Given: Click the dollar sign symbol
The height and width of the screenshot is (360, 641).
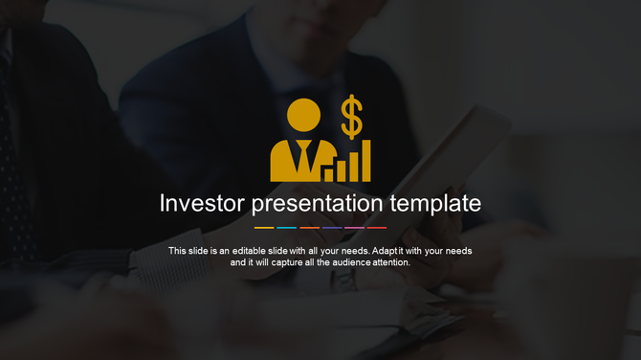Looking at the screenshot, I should click(x=352, y=117).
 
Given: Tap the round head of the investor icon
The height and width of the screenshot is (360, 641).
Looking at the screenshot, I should click(x=303, y=115).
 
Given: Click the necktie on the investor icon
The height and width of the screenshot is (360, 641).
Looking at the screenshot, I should click(x=303, y=157).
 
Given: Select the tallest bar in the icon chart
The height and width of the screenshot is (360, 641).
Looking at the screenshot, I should click(x=365, y=161).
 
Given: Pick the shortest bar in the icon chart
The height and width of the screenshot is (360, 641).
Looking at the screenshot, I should click(x=328, y=174).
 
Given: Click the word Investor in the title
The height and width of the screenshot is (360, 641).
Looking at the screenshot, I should click(x=201, y=204).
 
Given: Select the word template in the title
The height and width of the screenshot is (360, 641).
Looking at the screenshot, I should click(x=436, y=204).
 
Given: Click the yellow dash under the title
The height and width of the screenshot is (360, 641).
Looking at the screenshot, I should click(x=264, y=228).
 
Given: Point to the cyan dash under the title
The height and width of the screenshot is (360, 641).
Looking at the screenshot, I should click(x=286, y=228).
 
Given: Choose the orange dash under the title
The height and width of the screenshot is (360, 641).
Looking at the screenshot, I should click(x=309, y=228).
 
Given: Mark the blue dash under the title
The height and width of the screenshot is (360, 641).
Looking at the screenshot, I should click(x=332, y=228).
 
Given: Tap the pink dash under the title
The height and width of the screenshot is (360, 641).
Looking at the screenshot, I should click(x=354, y=228).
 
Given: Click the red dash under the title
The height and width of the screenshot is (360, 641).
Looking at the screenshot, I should click(x=377, y=228).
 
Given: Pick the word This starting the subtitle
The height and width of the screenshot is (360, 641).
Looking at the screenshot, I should click(x=178, y=251).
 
